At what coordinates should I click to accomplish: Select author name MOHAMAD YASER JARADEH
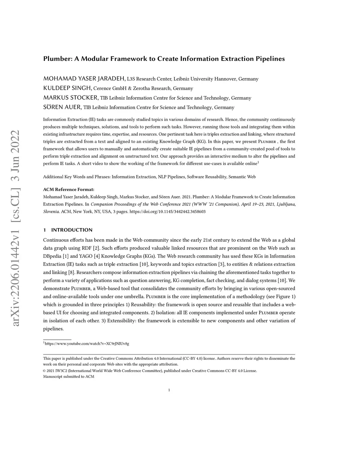click(x=84, y=78)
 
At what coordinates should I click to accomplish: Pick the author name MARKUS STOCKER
click(x=71, y=97)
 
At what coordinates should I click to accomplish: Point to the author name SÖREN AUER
click(x=62, y=107)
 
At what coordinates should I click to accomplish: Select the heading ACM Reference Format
click(x=69, y=189)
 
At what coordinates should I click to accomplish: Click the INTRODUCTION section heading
click(x=72, y=230)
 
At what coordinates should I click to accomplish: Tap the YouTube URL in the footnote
click(x=87, y=343)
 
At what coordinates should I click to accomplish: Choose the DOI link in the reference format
click(x=168, y=212)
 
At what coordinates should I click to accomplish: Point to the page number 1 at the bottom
click(x=169, y=390)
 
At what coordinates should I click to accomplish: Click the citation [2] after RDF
click(x=96, y=248)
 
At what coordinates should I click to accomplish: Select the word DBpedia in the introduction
click(x=52, y=256)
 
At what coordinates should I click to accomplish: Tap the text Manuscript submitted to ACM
click(x=69, y=377)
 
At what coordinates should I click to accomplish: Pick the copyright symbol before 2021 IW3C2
click(x=45, y=371)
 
